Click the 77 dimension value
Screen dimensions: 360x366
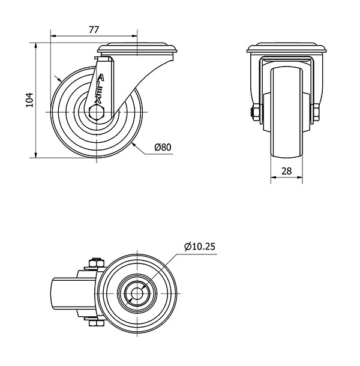click(94, 29)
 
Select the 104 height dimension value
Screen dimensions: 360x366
click(29, 100)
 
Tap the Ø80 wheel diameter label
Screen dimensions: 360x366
click(163, 147)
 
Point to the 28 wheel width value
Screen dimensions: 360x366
click(287, 171)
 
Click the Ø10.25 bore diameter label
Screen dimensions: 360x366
click(200, 247)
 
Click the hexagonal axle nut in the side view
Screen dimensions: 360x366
click(97, 112)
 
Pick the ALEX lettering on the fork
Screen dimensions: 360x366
click(99, 89)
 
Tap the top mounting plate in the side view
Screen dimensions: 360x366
click(137, 48)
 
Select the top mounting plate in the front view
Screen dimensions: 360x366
click(287, 48)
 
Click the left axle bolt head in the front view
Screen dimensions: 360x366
click(254, 112)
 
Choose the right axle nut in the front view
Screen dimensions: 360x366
click(316, 113)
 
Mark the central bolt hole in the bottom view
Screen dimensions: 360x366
click(137, 293)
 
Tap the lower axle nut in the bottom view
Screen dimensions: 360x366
click(97, 323)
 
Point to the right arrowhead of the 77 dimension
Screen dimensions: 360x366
click(134, 36)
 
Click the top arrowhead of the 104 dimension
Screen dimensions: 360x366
click(35, 46)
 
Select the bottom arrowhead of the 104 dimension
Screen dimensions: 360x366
click(35, 155)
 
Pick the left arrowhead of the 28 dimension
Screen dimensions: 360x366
click(274, 178)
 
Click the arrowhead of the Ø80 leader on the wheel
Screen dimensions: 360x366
click(134, 145)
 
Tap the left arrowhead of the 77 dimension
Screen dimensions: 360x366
click(53, 36)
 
